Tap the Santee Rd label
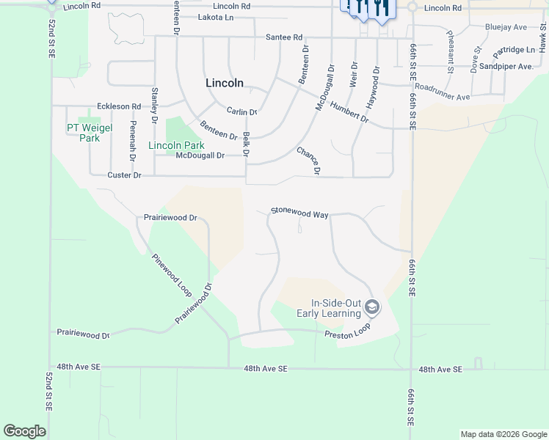[x=284, y=37]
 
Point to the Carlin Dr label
[x=241, y=112]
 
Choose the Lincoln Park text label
[x=176, y=146]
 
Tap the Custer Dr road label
[x=124, y=175]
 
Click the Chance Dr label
[x=309, y=161]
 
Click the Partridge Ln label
[x=515, y=50]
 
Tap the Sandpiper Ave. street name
[x=505, y=66]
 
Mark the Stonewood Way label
[x=299, y=213]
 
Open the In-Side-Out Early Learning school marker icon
[x=372, y=307]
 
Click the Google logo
[x=24, y=431]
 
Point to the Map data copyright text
[x=503, y=434]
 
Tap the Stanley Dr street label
[x=154, y=105]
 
